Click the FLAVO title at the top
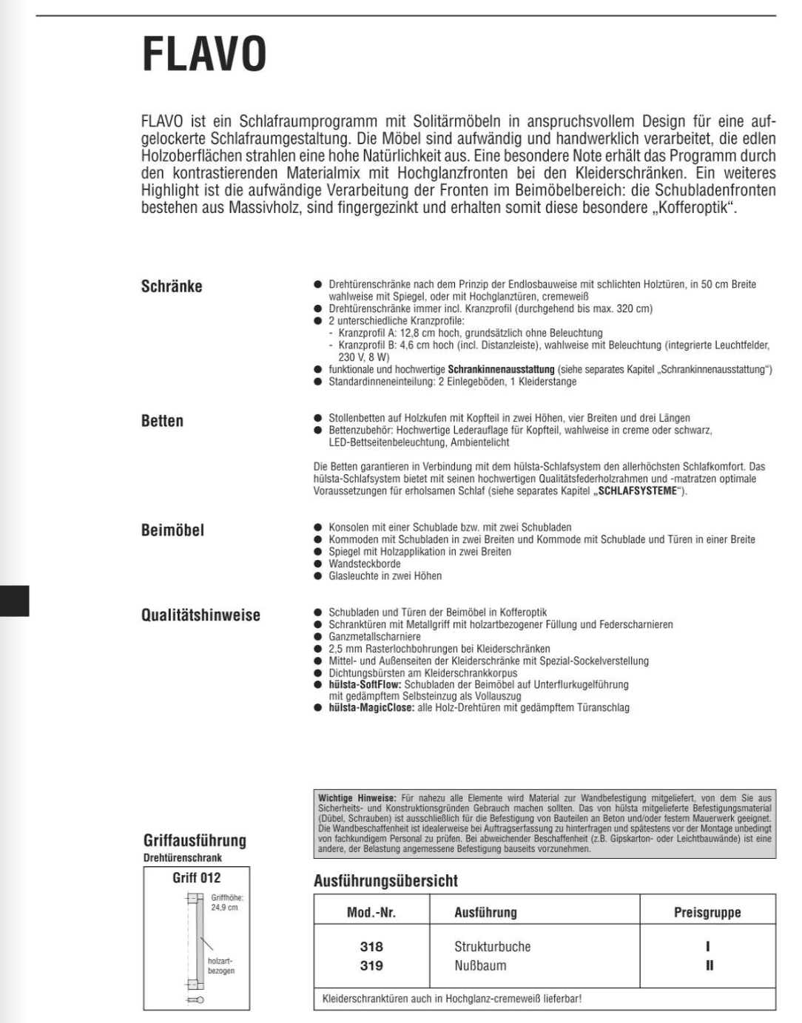point(204,55)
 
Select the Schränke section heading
point(172,286)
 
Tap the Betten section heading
point(162,421)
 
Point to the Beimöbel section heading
point(172,530)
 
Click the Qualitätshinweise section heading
point(200,615)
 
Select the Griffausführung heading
point(195,840)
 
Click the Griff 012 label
point(197,878)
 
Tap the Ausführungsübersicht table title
point(385,881)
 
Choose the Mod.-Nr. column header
point(371,912)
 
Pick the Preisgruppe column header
point(707,912)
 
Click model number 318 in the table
point(371,947)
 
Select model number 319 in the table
point(371,965)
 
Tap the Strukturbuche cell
point(492,947)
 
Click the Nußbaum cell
point(480,965)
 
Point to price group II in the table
point(709,965)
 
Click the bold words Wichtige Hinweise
point(357,798)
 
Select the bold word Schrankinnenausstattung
point(501,369)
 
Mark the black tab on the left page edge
point(15,600)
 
